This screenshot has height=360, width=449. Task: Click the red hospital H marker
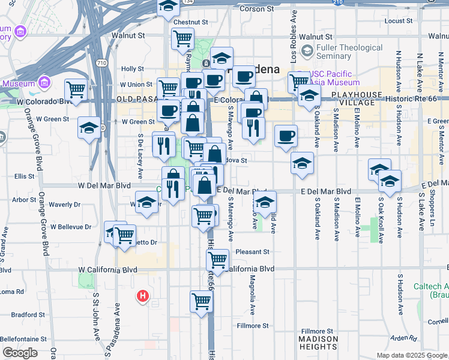tap(143, 296)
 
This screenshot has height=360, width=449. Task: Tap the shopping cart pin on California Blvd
tap(217, 260)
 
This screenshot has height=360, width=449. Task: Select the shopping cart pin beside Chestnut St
tap(182, 39)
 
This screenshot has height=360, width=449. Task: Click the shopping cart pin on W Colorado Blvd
tap(76, 90)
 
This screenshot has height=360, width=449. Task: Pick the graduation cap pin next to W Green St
tap(89, 128)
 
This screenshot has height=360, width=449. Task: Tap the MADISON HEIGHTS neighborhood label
tap(318, 343)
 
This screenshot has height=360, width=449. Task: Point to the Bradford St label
tap(25, 314)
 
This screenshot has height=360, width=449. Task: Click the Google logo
tap(20, 352)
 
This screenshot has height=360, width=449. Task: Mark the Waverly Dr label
tap(61, 205)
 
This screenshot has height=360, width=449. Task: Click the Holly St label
tap(132, 70)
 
